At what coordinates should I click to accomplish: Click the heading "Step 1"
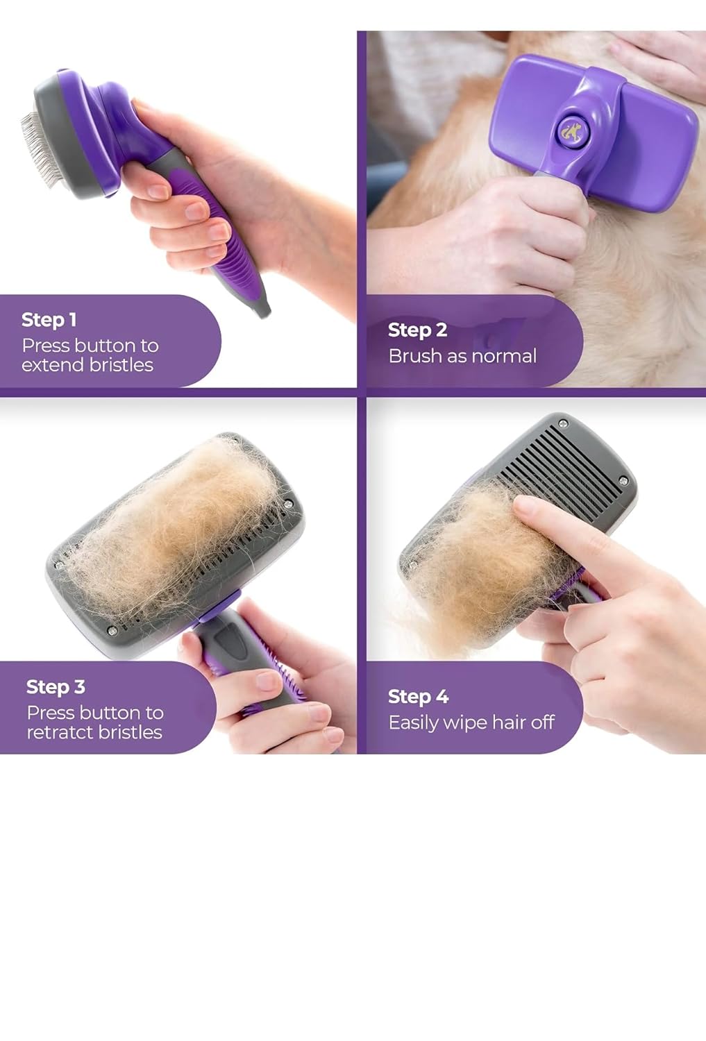point(49,320)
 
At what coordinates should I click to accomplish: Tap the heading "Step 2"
point(417,330)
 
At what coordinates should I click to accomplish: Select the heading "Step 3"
point(56,687)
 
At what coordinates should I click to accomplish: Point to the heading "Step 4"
point(418,697)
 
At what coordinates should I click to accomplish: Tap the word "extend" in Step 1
point(51,365)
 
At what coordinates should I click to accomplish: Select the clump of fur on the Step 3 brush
point(174,520)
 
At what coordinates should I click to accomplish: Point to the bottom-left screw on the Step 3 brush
point(111,630)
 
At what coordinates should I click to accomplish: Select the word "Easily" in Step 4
point(413,723)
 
